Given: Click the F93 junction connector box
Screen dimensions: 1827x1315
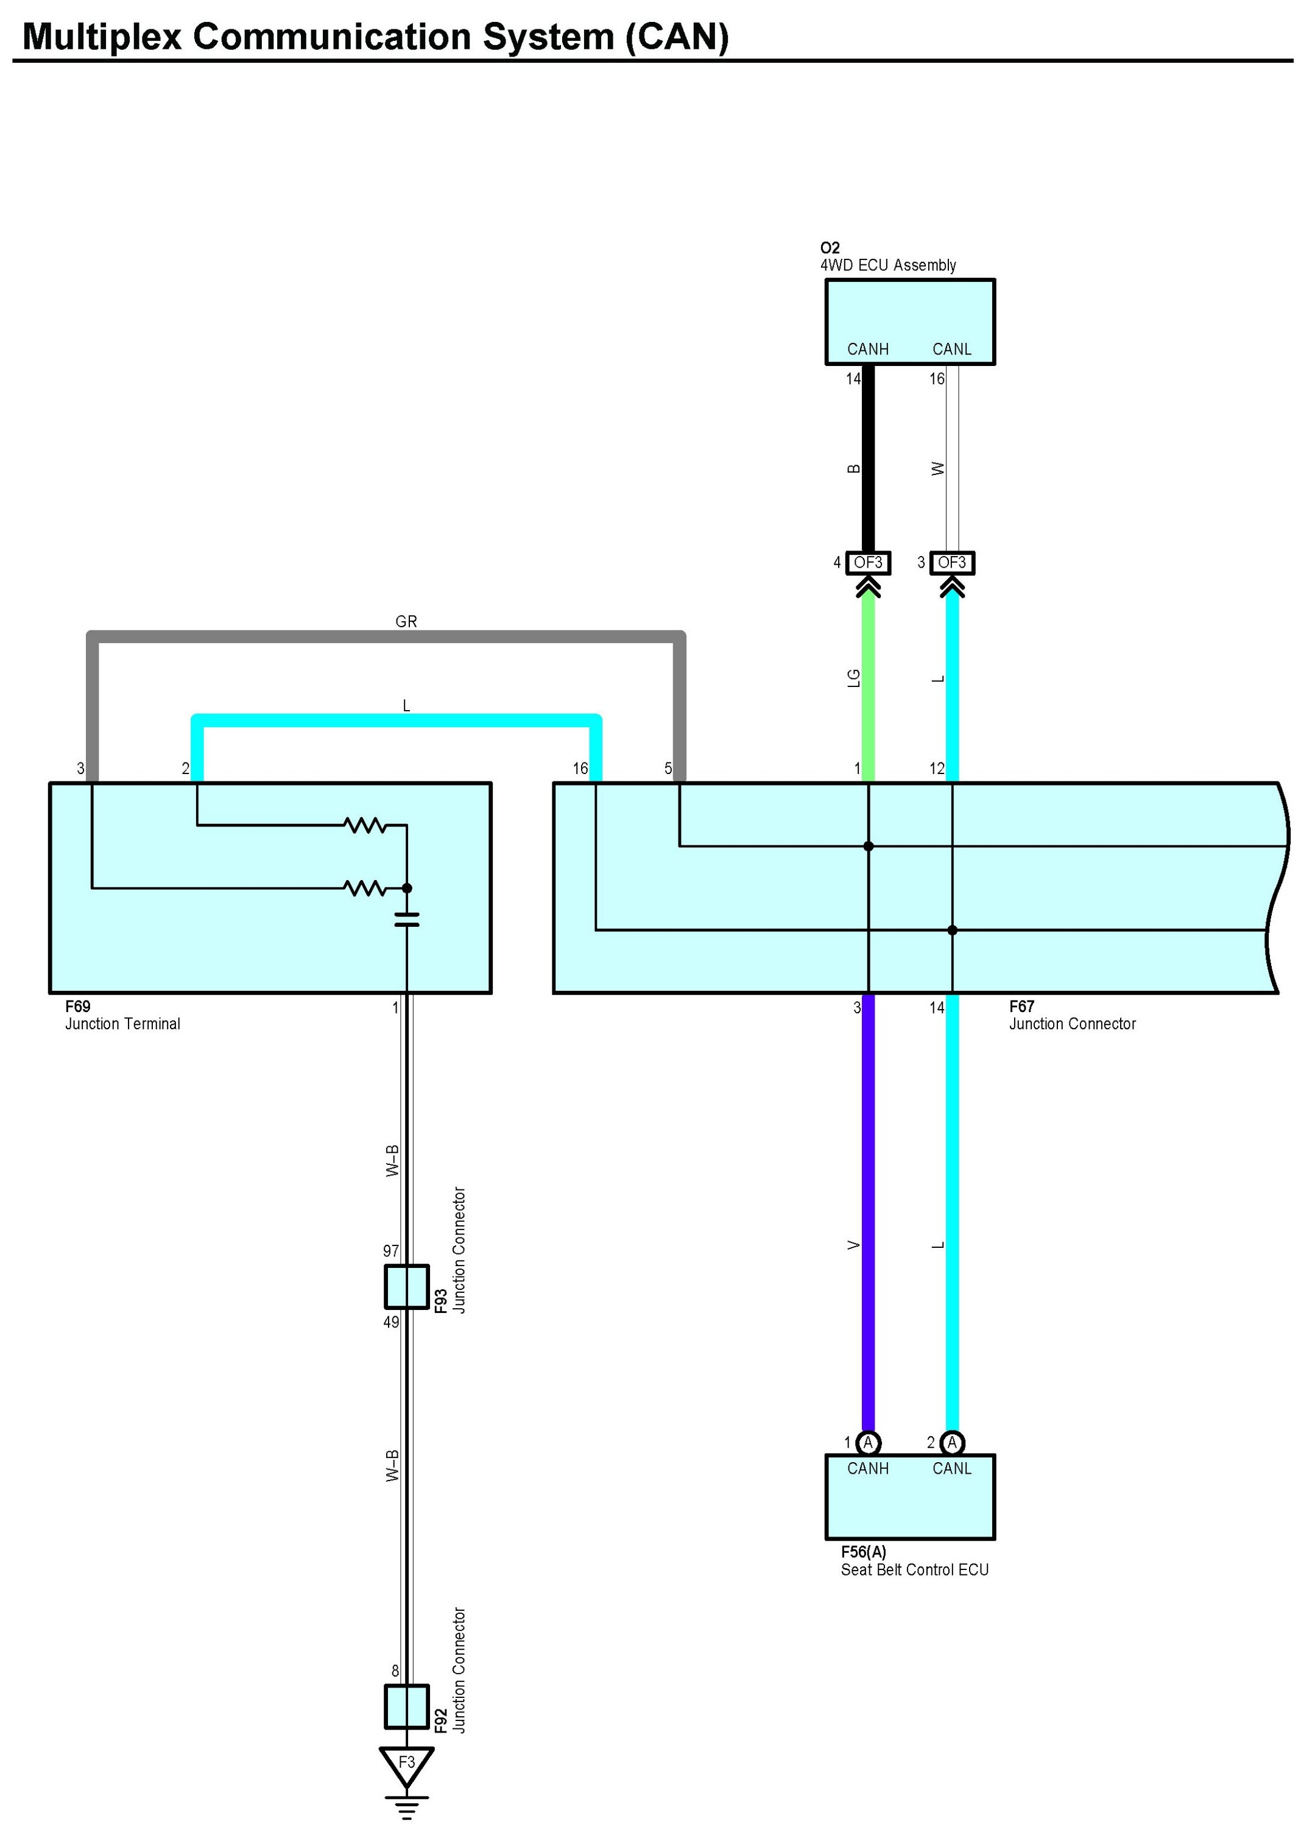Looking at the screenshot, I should pyautogui.click(x=406, y=1286).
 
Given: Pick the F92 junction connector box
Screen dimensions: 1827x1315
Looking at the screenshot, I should pyautogui.click(x=406, y=1707).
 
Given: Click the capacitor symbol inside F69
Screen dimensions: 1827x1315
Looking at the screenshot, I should pyautogui.click(x=407, y=919).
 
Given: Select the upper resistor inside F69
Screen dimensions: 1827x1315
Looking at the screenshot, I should pyautogui.click(x=365, y=825).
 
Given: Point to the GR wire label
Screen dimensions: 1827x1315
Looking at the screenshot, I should pyautogui.click(x=406, y=622).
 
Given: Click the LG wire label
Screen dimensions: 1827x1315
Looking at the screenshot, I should pyautogui.click(x=854, y=678).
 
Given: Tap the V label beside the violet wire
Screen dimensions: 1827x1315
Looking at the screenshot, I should pyautogui.click(x=854, y=1245).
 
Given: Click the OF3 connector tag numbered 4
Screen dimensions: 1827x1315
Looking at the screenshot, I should pyautogui.click(x=868, y=562).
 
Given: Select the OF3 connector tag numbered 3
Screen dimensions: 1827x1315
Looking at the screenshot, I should pyautogui.click(x=951, y=562).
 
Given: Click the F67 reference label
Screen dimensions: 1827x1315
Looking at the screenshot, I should pyautogui.click(x=1021, y=1006).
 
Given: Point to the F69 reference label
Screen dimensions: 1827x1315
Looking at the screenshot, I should pyautogui.click(x=78, y=1006).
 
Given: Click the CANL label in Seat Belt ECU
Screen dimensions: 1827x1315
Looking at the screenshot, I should pyautogui.click(x=951, y=1468).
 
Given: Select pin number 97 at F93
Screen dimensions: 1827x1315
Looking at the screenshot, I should pyautogui.click(x=391, y=1251).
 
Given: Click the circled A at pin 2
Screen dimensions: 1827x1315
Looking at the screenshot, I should pyautogui.click(x=951, y=1442).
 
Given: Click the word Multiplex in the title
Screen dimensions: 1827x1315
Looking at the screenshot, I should pyautogui.click(x=102, y=37).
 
